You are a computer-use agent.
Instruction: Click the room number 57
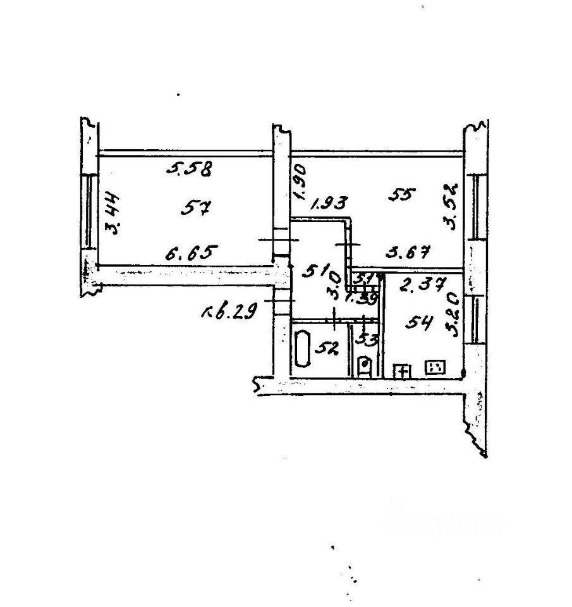195,207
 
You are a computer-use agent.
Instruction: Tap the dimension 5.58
188,169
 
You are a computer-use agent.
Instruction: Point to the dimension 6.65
192,254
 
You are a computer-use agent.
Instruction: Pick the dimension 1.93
329,204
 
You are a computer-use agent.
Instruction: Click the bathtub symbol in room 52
303,347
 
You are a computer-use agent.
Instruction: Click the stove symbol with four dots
436,367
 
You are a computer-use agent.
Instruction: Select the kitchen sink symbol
401,371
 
